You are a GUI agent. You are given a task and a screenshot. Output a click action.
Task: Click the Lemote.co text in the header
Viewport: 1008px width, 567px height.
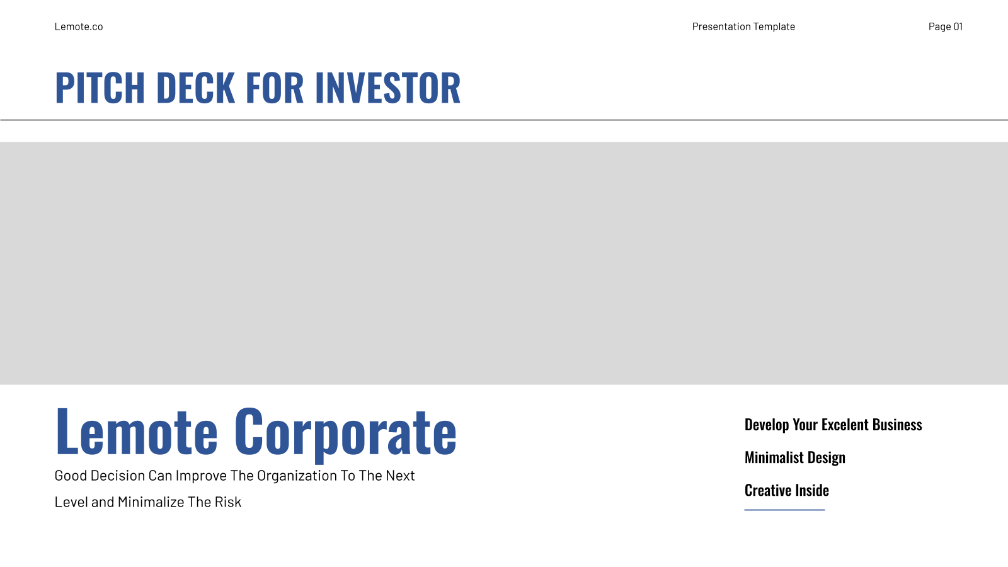coord(79,26)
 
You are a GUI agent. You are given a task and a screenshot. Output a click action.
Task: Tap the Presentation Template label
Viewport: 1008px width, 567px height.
coord(743,26)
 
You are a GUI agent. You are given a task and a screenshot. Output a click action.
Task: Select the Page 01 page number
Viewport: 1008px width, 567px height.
coord(946,26)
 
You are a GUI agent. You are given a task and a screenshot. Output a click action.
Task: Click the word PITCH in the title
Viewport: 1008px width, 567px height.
coord(100,88)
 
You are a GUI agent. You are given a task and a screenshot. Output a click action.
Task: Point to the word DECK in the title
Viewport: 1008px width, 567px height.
coord(196,88)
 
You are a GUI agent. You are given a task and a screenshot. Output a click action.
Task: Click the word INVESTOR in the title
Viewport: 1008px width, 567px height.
coord(388,88)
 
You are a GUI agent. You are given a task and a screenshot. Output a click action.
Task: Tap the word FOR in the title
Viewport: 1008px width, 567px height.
coord(275,88)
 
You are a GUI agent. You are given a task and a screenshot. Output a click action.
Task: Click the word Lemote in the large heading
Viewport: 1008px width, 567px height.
coord(136,431)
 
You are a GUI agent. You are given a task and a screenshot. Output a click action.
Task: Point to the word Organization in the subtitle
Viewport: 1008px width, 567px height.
coord(297,476)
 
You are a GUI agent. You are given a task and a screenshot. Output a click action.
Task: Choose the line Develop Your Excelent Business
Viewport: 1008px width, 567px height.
coord(833,425)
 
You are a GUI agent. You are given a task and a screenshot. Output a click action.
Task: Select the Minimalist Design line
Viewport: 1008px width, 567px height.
coord(795,458)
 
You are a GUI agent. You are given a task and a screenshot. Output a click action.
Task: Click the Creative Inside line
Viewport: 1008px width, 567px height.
coord(787,490)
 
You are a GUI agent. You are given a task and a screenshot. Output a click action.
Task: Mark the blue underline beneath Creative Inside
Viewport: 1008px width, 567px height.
coord(785,510)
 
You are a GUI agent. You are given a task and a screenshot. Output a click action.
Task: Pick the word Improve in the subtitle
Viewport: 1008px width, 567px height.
coord(201,476)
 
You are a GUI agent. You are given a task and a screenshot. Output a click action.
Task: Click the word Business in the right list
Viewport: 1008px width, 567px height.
coord(897,425)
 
